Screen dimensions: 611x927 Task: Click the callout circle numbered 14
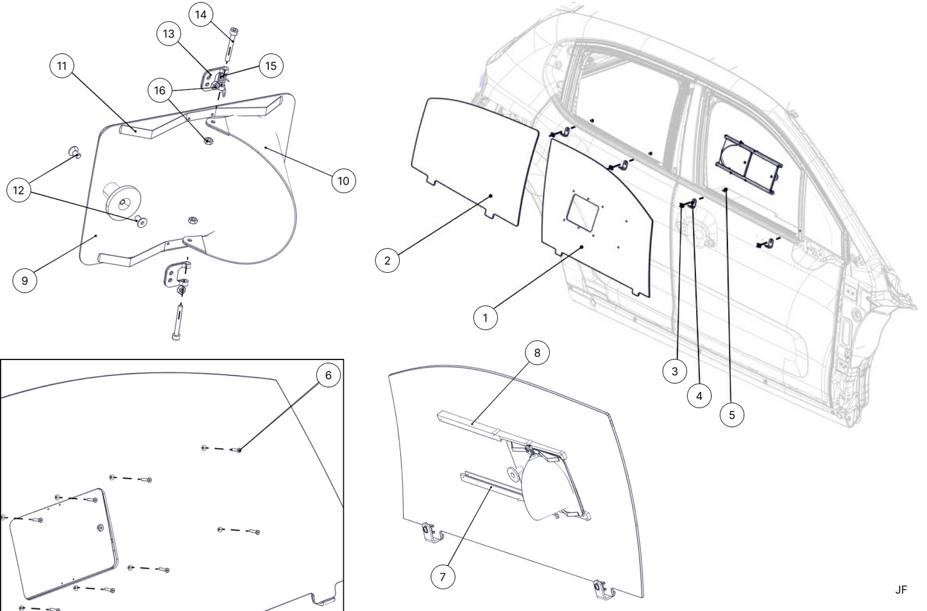click(201, 15)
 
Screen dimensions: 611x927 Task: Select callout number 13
click(169, 34)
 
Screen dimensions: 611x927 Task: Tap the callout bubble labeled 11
click(62, 66)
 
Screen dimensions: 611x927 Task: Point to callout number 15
click(271, 66)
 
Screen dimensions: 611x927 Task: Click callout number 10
click(343, 181)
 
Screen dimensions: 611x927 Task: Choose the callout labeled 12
click(19, 191)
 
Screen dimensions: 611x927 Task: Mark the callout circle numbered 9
click(24, 280)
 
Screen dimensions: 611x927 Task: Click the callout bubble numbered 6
click(328, 375)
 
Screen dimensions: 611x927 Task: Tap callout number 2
click(387, 261)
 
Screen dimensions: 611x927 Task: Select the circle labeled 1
click(486, 318)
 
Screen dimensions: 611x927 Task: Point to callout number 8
click(538, 353)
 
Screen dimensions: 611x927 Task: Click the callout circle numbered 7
click(443, 577)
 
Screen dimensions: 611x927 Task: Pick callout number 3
click(674, 371)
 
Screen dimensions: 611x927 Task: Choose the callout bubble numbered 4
click(699, 396)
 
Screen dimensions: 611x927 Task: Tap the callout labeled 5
click(732, 415)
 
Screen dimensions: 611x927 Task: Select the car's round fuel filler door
click(702, 232)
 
